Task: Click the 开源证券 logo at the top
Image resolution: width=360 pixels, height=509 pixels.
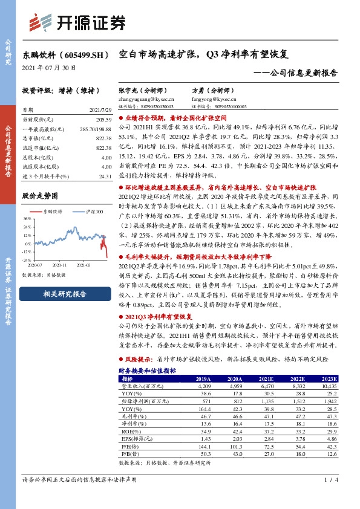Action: coord(78,22)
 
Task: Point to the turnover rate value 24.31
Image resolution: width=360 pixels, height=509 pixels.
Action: coord(105,176)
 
